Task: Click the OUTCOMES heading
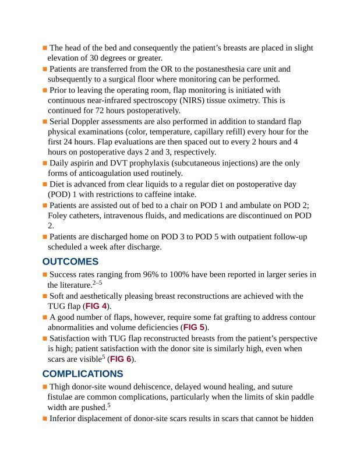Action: [70, 262]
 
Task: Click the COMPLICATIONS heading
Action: [82, 373]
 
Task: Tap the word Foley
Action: [59, 216]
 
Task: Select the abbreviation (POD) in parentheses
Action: [58, 195]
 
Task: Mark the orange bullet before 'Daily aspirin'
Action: [45, 163]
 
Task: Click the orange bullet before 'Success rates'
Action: [45, 274]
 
